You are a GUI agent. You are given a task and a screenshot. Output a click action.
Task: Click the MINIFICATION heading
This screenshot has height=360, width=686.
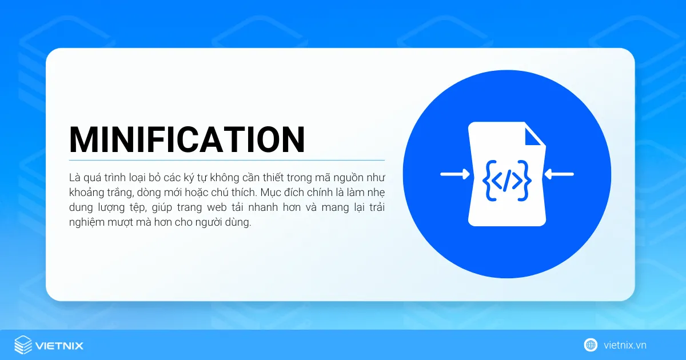[x=187, y=139]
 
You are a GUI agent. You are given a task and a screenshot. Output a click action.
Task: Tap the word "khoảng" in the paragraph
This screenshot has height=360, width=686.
[x=86, y=193]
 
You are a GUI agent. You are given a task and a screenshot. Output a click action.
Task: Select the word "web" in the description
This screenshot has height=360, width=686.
[x=217, y=207]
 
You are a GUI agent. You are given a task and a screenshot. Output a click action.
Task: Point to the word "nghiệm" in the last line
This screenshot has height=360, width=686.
[x=87, y=222]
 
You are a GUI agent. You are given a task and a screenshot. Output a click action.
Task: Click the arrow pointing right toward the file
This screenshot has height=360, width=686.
[x=455, y=174]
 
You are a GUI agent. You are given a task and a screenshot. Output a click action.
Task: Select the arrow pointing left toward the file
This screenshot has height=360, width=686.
[x=559, y=174]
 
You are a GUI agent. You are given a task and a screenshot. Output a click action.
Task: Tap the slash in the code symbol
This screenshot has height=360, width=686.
[x=507, y=181]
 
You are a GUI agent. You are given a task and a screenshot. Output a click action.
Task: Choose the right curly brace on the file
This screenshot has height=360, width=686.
[x=525, y=181]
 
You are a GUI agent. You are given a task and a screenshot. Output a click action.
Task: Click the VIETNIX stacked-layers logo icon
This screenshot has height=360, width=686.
[x=23, y=345]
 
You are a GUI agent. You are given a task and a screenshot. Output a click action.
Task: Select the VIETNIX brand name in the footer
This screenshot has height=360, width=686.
[x=59, y=346]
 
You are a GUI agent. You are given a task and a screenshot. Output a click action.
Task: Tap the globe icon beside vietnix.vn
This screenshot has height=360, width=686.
[x=591, y=345]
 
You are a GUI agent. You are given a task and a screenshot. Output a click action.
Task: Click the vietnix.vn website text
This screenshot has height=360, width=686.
[x=625, y=345]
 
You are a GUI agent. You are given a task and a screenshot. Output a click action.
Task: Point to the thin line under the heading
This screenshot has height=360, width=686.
[x=227, y=160]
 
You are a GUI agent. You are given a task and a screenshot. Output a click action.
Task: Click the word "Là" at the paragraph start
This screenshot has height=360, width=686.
[x=74, y=178]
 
